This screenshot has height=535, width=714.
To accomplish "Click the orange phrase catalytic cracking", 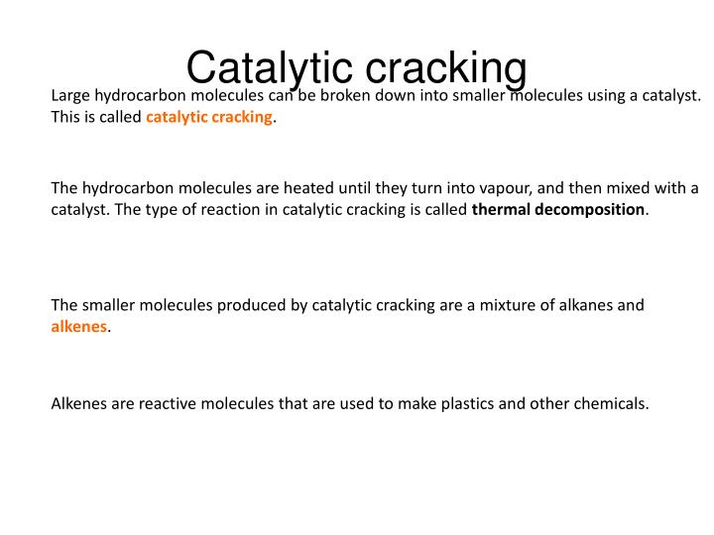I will [x=209, y=118].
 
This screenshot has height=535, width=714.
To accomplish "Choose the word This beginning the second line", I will [x=66, y=118].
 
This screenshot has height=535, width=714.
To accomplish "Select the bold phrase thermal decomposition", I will [x=558, y=210].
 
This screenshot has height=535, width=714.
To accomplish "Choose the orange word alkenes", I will [x=78, y=327].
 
